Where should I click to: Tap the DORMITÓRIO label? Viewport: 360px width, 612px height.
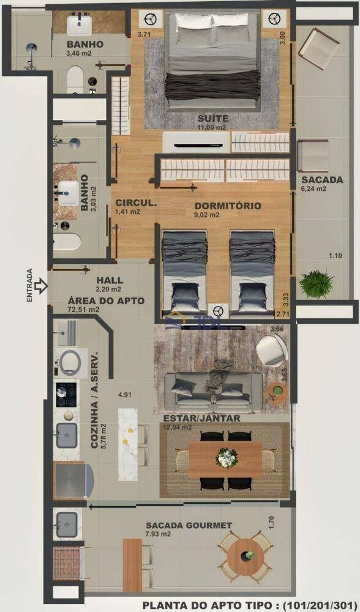point(228,206)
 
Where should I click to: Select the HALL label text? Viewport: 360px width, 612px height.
point(106,280)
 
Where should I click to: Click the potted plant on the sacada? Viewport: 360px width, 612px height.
point(317,285)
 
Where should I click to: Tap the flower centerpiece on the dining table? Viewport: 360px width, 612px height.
point(227,458)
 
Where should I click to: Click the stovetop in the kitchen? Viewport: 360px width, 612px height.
point(66,395)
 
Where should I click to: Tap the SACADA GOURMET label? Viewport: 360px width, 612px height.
point(189,525)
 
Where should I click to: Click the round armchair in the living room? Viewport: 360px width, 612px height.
point(272,351)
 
